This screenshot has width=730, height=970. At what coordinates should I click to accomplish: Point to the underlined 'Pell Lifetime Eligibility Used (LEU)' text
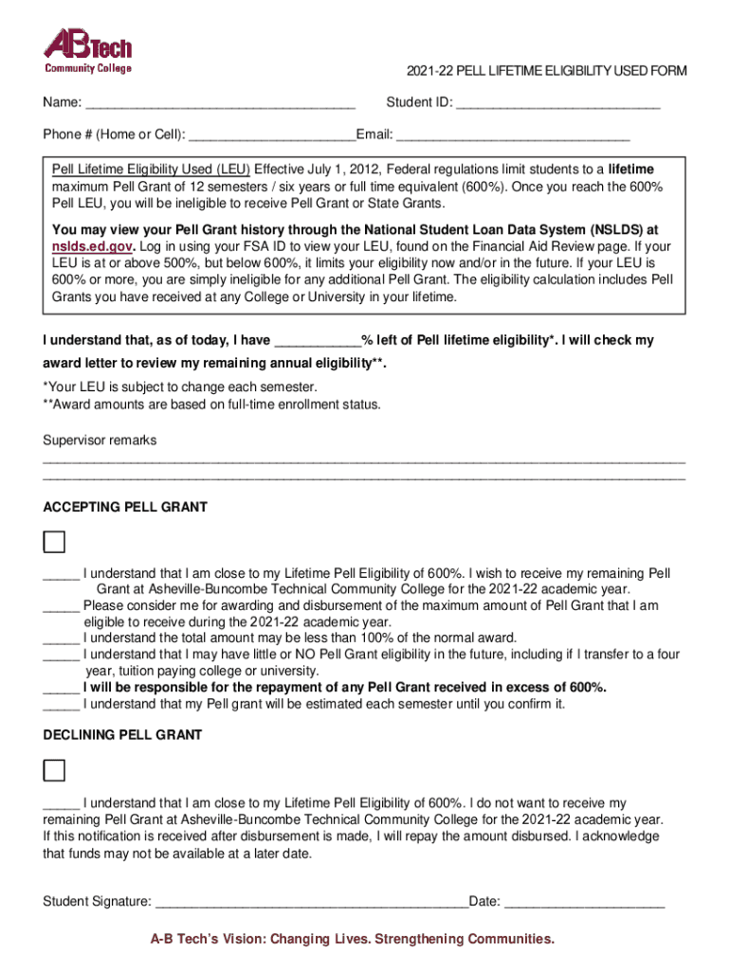point(151,170)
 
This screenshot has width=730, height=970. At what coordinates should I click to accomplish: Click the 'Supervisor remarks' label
point(100,440)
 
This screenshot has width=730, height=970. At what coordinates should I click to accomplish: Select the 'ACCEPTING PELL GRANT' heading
point(125,508)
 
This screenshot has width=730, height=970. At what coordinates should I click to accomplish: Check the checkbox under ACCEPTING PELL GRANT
point(55,542)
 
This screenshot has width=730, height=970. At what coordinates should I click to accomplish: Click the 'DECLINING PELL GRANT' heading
point(122,735)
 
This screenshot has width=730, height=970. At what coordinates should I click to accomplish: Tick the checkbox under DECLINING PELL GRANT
point(55,769)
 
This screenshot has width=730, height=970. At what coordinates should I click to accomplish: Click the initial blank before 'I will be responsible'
point(61,688)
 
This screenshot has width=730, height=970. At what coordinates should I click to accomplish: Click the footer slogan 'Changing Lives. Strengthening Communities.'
point(411,940)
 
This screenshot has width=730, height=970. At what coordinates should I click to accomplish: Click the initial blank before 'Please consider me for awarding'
point(61,606)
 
